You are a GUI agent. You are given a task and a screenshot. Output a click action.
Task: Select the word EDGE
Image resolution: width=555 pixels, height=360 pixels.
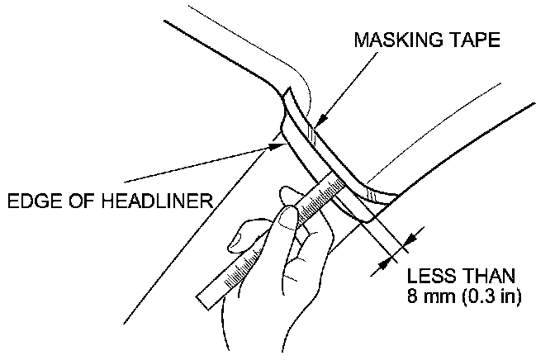(x=31, y=200)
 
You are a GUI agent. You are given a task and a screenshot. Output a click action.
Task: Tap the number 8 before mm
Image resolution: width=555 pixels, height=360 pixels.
(x=412, y=296)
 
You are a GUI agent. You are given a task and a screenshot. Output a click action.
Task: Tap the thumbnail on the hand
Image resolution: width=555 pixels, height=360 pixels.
(x=286, y=218)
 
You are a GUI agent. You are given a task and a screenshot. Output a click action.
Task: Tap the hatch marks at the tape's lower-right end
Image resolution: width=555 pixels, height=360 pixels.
(x=378, y=194)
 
